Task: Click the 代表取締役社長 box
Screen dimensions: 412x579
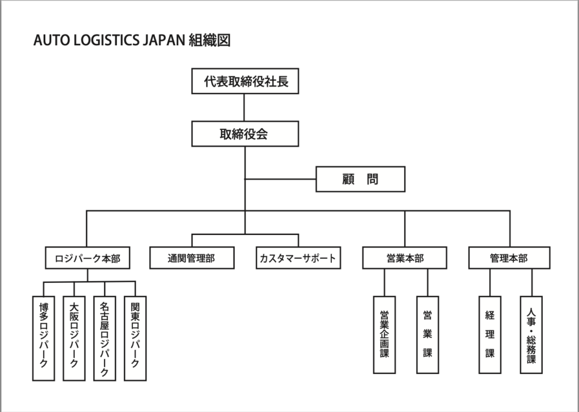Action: [245, 81]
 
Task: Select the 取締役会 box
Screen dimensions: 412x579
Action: [245, 134]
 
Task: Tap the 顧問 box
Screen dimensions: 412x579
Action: [360, 179]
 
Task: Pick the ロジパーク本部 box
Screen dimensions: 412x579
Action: [87, 259]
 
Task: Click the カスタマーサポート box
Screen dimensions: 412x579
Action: [298, 259]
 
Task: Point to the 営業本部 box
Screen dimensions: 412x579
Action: [404, 259]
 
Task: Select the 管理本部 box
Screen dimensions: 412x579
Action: [509, 259]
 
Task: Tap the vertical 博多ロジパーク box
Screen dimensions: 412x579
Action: [44, 339]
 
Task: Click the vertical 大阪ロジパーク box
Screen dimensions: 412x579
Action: [74, 339]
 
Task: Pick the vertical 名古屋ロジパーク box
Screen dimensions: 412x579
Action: [105, 339]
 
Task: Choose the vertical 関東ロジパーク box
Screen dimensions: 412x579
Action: [136, 339]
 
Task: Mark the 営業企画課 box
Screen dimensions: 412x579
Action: [384, 334]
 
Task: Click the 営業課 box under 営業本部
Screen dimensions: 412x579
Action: [427, 334]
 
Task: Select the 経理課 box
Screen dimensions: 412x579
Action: [490, 334]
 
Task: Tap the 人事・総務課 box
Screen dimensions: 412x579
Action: [531, 334]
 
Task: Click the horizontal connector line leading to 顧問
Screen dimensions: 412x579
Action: [280, 179]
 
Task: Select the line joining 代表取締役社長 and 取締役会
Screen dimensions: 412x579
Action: [245, 108]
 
